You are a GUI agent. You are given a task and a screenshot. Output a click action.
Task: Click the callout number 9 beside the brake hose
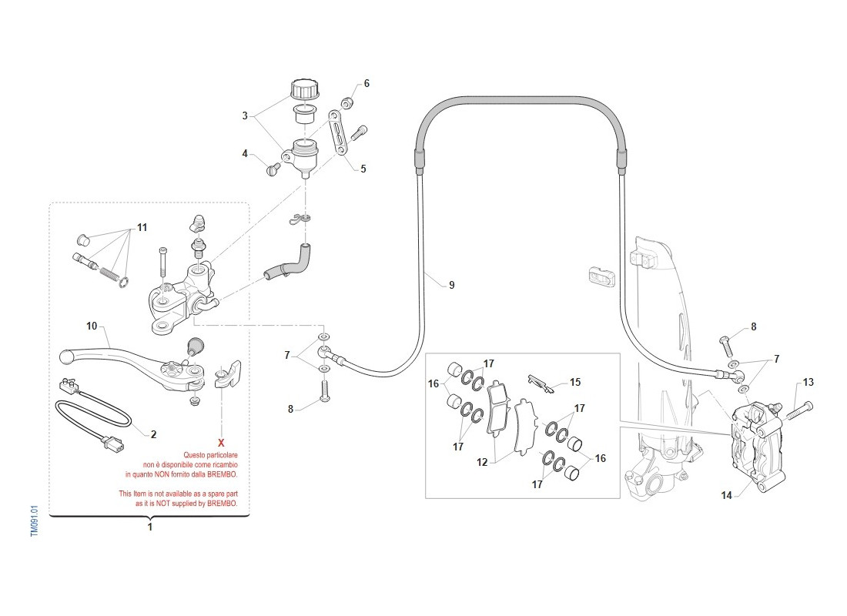(451, 285)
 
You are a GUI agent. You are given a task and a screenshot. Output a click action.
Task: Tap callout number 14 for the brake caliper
(726, 495)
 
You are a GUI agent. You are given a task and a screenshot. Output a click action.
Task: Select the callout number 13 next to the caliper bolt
(808, 382)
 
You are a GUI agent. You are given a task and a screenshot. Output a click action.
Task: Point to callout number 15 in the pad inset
(574, 381)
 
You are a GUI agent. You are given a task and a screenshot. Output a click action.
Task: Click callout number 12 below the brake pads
(483, 462)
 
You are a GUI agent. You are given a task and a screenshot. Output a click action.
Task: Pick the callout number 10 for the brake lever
(92, 326)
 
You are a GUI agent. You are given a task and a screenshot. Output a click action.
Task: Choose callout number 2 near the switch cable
(153, 434)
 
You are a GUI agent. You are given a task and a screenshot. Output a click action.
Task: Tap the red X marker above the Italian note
(221, 443)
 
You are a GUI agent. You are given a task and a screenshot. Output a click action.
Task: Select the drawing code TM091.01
(34, 521)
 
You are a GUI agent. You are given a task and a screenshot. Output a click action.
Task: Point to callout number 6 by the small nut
(367, 83)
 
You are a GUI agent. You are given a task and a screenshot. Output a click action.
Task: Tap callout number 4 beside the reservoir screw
(245, 154)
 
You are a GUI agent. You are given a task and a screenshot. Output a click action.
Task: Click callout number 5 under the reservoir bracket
(363, 169)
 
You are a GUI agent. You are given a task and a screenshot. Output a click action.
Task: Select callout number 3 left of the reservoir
(245, 116)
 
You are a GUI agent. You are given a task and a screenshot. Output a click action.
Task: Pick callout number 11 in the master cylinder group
(142, 228)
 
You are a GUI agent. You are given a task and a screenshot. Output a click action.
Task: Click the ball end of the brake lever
(67, 357)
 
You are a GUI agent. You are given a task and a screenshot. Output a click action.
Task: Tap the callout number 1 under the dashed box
(150, 527)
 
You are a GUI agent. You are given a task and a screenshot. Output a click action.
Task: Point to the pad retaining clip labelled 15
(540, 381)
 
